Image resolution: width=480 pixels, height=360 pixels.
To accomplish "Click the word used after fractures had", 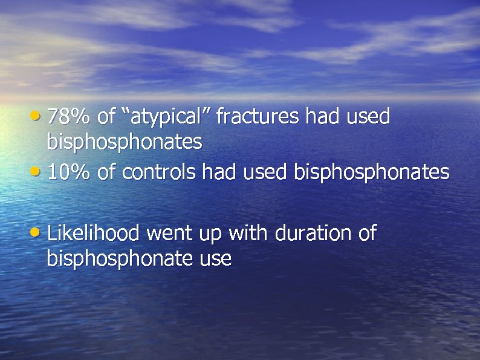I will pos(368,116).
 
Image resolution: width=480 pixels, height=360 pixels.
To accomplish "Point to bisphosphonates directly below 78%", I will pos(124,143).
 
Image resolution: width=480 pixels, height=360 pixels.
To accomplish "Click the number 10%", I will pos(68,172).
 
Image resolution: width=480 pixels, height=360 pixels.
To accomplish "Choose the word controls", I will pos(159,172).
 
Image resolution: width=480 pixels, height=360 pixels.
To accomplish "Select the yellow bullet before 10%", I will pos(39,171).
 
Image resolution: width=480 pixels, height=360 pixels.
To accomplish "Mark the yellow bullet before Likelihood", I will pos(39,231).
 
